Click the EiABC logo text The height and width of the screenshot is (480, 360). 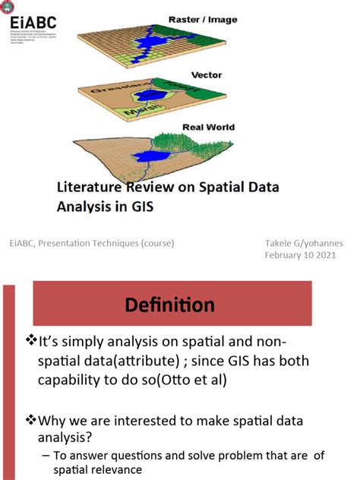click(33, 24)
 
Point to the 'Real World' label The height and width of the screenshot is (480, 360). click(209, 128)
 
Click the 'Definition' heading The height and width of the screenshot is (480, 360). click(170, 305)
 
